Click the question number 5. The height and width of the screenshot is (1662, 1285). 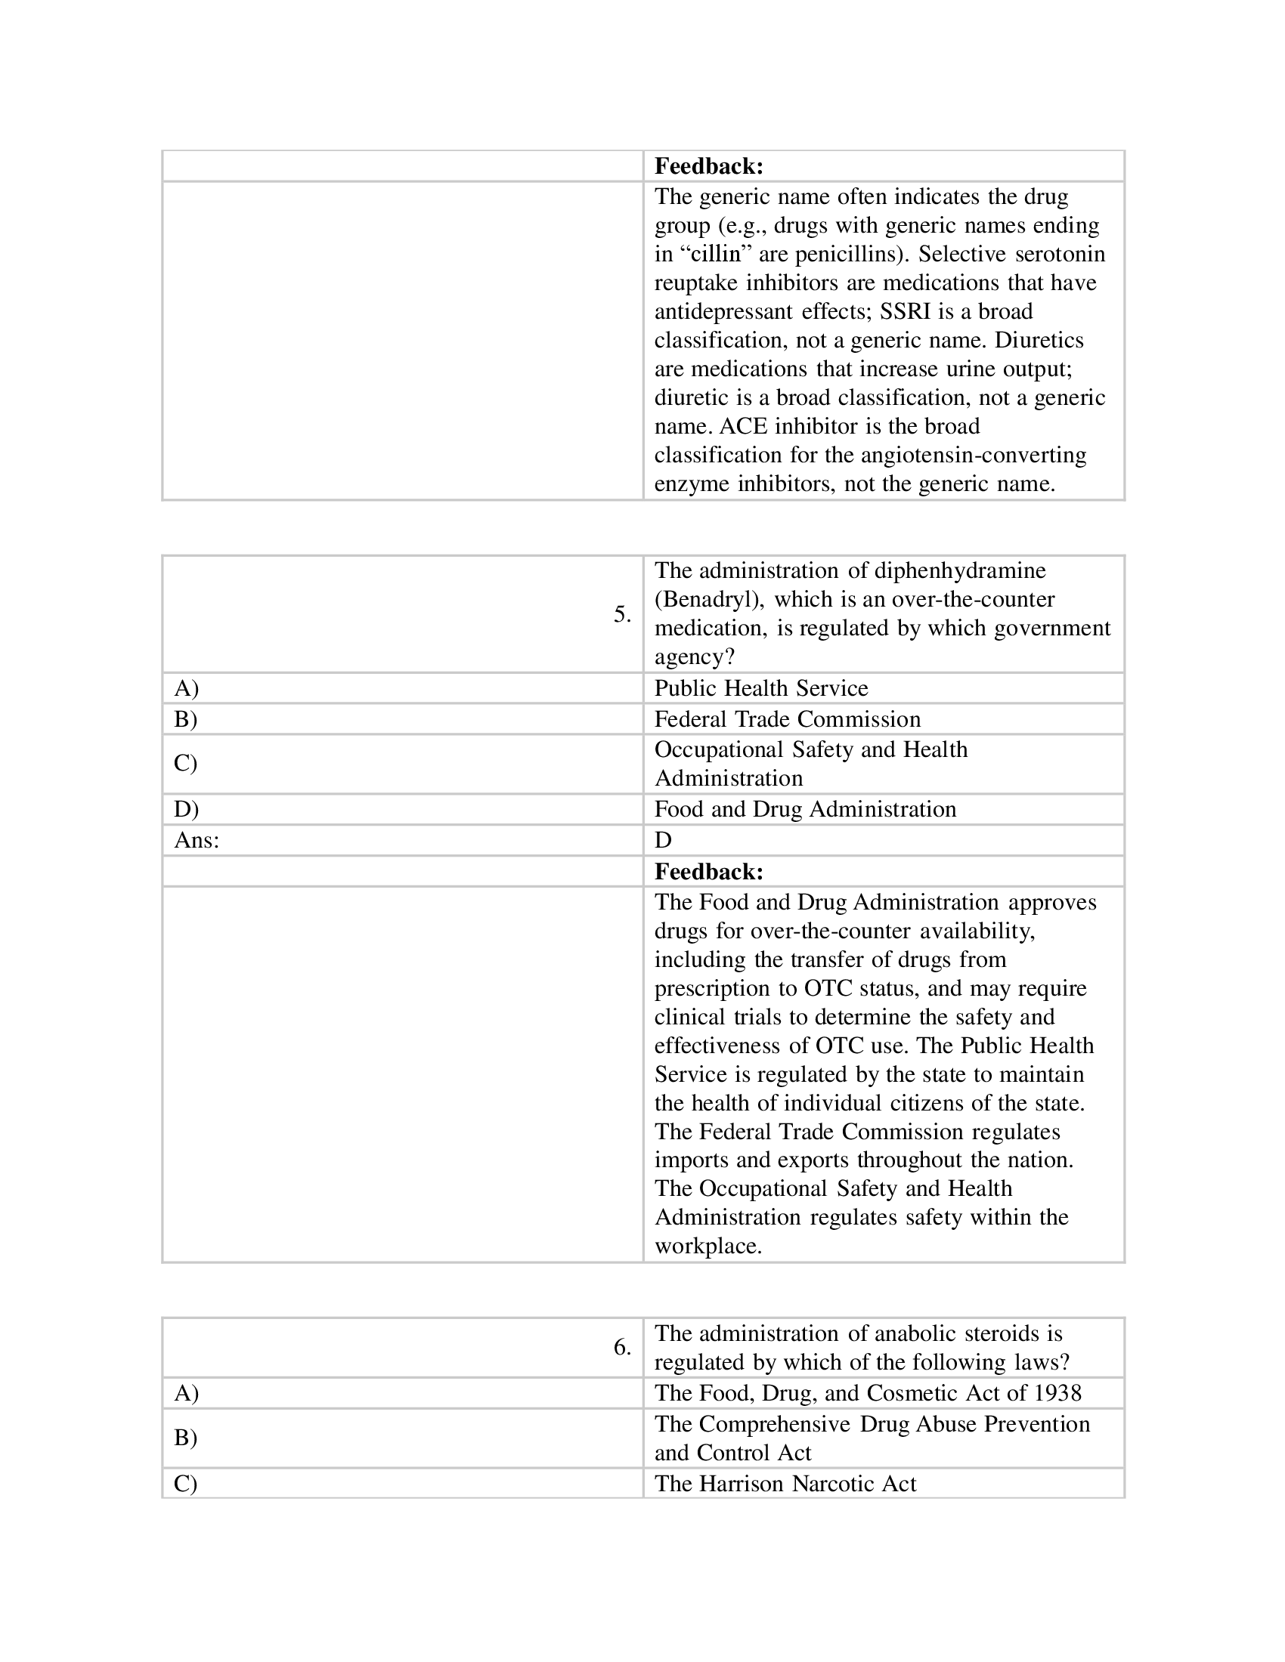[x=621, y=614]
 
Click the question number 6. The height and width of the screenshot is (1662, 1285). [x=621, y=1347]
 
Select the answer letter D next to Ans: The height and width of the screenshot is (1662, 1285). [x=663, y=840]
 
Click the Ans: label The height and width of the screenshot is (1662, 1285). [x=197, y=840]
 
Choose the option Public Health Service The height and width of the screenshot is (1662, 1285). [x=760, y=688]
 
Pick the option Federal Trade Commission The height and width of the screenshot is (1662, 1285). [x=787, y=719]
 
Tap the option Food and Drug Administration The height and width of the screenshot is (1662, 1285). [x=805, y=809]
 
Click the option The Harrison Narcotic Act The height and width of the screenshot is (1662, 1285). [x=785, y=1483]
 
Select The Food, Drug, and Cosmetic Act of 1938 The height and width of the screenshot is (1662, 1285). [x=867, y=1392]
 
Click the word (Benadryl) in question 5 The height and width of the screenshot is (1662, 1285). [x=710, y=600]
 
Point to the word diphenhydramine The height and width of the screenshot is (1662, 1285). [x=960, y=570]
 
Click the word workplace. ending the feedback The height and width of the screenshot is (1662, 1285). [x=708, y=1246]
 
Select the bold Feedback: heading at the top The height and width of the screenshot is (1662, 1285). [x=708, y=166]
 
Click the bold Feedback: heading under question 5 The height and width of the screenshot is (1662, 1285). [x=708, y=871]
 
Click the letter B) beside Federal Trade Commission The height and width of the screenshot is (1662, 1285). [x=186, y=719]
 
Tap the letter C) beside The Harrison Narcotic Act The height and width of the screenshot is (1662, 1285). [x=186, y=1483]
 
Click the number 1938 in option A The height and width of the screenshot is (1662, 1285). [x=1057, y=1392]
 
